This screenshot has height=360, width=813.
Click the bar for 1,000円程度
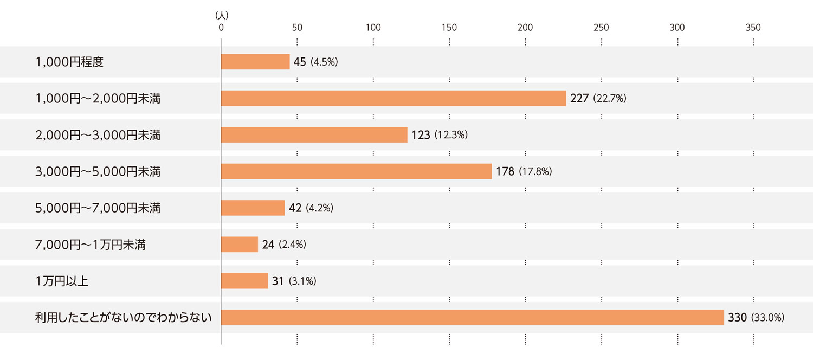[255, 62]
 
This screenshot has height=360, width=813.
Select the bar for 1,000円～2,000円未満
[393, 98]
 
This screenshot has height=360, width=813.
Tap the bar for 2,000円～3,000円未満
[314, 135]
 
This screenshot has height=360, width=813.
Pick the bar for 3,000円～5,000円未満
[356, 171]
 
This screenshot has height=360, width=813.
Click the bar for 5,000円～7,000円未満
[253, 208]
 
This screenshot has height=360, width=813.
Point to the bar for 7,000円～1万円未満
[240, 245]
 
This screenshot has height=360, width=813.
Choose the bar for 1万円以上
[244, 281]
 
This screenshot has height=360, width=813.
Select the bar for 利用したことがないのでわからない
[472, 318]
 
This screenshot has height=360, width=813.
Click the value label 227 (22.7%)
[598, 99]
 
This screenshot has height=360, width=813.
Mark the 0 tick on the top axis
[221, 28]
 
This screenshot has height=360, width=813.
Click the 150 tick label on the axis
[449, 28]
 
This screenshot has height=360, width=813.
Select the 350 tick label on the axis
[753, 28]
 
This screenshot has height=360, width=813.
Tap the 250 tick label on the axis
[601, 28]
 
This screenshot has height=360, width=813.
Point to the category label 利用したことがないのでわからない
[123, 318]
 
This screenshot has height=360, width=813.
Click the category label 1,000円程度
[69, 62]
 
